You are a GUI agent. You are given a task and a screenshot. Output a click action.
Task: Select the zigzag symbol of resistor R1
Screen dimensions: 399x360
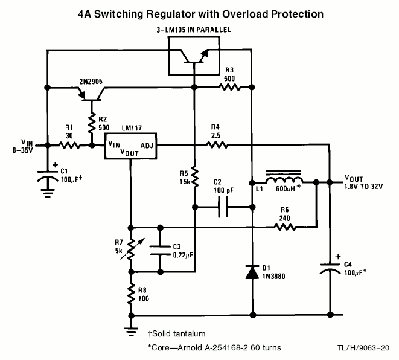[69, 146]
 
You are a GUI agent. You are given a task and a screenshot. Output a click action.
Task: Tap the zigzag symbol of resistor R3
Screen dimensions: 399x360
[229, 88]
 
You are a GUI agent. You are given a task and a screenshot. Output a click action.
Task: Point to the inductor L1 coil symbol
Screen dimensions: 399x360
[284, 179]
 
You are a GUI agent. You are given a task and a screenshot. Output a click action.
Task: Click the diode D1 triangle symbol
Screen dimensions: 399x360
[252, 272]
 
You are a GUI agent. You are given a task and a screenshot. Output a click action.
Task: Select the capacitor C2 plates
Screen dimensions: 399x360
[223, 207]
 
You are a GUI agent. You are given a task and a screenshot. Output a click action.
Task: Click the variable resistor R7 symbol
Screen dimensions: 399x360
[131, 249]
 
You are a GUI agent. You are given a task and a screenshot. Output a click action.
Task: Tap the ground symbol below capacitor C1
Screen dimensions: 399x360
[47, 193]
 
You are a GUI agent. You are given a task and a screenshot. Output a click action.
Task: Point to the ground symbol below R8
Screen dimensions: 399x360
[131, 332]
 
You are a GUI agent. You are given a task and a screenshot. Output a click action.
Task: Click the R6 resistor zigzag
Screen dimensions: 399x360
[285, 227]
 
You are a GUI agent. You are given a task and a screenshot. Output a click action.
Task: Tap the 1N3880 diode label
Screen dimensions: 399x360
[273, 276]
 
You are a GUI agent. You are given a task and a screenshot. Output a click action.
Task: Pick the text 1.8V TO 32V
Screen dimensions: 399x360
[363, 187]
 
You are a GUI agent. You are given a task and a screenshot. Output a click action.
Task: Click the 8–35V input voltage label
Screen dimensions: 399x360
[23, 150]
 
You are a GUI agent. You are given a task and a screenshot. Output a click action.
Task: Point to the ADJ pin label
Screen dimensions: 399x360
[147, 146]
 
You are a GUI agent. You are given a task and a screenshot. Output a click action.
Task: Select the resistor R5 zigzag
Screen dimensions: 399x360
[194, 177]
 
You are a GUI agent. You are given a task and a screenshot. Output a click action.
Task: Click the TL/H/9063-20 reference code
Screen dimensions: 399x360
[363, 348]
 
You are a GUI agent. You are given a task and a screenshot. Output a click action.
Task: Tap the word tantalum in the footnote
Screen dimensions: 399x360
[188, 333]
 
